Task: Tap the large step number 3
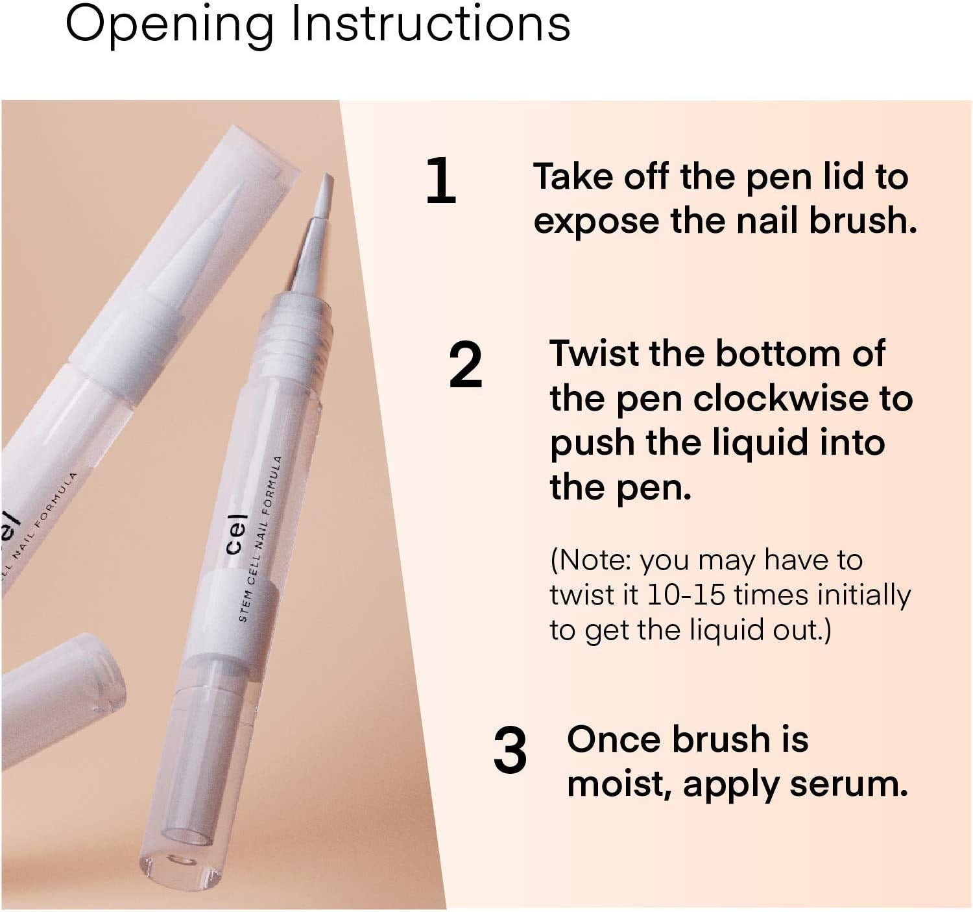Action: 509,750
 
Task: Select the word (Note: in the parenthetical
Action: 591,560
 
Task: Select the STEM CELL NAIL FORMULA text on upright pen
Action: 260,539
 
